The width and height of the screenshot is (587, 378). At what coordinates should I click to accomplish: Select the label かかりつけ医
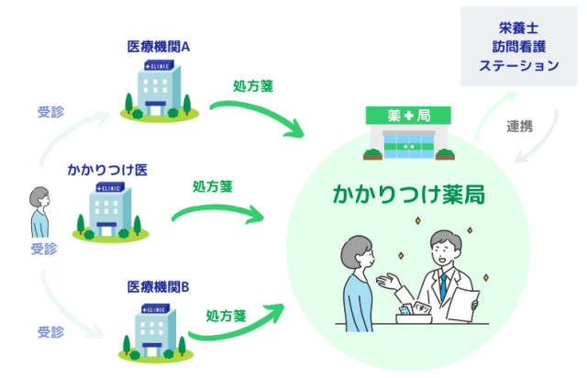(107, 171)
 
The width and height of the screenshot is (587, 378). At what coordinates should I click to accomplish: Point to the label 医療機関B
(158, 286)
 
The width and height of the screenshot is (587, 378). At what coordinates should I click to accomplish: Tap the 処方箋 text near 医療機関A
(253, 86)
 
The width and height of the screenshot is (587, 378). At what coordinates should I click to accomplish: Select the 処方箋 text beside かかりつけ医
(212, 184)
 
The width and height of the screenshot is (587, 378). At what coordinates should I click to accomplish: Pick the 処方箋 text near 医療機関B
(225, 316)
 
